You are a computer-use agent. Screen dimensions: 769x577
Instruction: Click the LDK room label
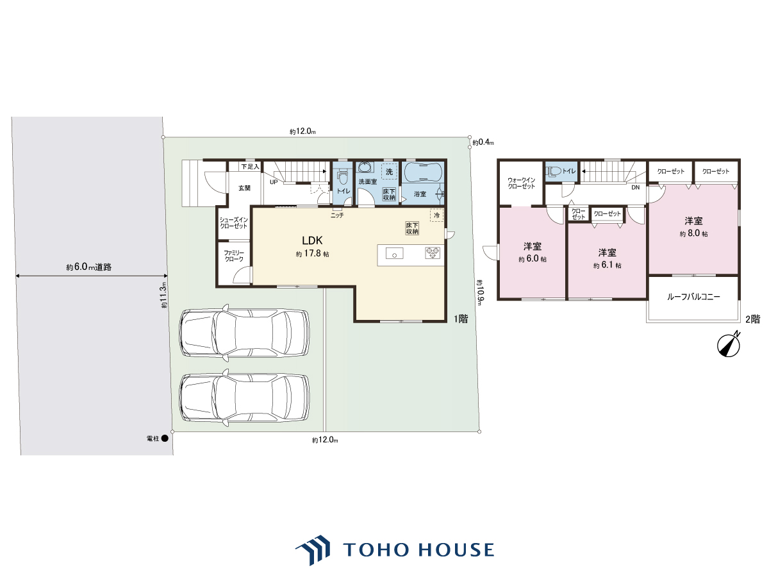pos(312,240)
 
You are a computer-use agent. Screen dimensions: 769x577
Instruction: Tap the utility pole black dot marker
pos(164,439)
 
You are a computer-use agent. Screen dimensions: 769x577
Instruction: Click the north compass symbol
pos(729,344)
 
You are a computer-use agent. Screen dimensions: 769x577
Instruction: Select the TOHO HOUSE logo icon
pos(313,550)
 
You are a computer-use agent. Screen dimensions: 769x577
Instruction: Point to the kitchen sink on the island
pos(394,253)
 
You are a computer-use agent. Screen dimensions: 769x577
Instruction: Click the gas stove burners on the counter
pos(433,253)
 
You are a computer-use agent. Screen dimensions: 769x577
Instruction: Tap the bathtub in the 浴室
pos(423,172)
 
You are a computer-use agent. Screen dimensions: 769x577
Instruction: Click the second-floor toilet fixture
pos(554,171)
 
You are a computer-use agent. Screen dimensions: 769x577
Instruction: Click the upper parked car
pos(244,333)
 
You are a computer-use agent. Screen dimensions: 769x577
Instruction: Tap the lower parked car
pos(244,397)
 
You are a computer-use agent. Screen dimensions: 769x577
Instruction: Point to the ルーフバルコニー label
pos(693,297)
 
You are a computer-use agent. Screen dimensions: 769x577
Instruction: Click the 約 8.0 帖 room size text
pos(693,233)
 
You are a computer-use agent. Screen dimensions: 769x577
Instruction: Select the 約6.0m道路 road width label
pos(89,267)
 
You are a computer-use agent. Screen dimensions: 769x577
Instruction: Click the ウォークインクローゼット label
pos(521,183)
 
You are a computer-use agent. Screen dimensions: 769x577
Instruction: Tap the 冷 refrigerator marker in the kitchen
pos(437,215)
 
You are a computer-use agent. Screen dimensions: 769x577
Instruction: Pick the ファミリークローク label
pos(234,256)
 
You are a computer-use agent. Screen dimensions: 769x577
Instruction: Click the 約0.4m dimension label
pos(483,142)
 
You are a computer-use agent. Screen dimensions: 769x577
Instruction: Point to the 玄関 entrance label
pos(245,188)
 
